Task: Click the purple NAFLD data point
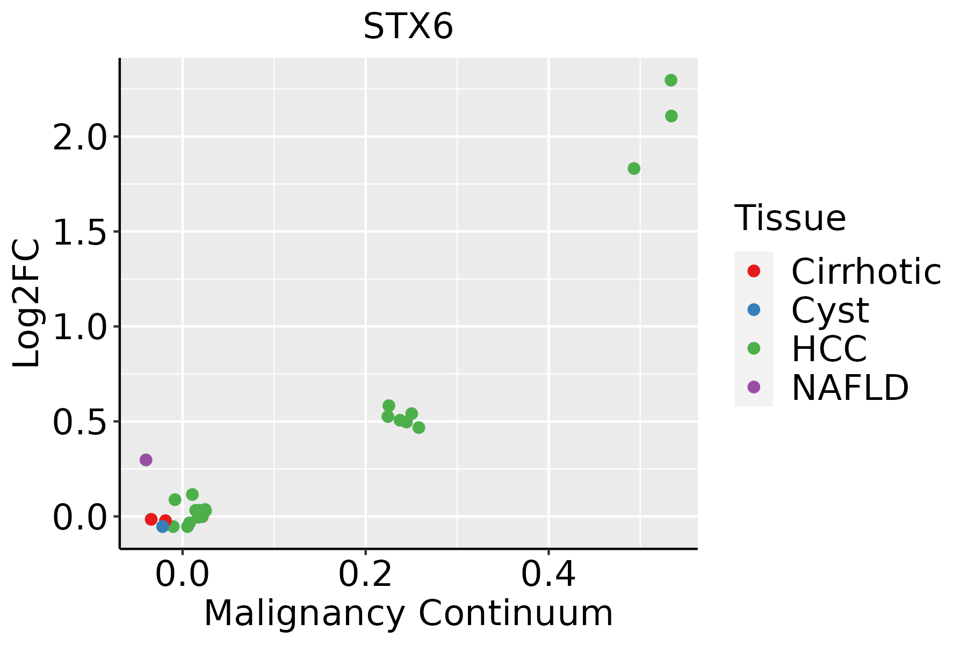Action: point(146,460)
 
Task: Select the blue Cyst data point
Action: point(163,526)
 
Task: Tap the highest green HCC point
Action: point(671,81)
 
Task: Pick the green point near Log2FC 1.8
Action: point(634,169)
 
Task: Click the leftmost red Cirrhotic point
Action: point(151,519)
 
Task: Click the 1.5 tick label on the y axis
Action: point(79,232)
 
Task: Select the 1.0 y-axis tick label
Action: point(79,327)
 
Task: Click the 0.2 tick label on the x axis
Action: point(365,575)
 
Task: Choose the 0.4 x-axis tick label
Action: point(549,575)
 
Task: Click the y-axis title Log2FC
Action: point(27,303)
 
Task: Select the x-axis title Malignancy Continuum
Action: point(408,614)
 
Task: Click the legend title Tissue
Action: point(790,218)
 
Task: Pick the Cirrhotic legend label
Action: point(866,271)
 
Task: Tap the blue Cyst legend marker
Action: point(754,310)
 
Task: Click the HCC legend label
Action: point(829,348)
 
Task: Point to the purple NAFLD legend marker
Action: point(754,386)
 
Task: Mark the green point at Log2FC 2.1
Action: point(672,116)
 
